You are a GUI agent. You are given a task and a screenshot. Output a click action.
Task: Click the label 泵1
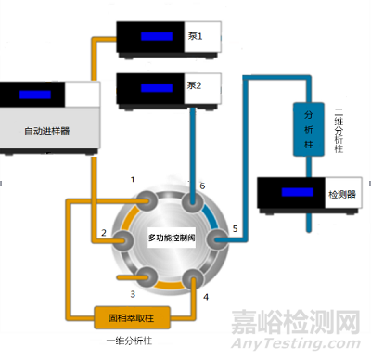point(195,37)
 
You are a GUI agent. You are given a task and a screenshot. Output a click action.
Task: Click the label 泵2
point(195,86)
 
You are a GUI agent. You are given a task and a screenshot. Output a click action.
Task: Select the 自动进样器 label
point(47,129)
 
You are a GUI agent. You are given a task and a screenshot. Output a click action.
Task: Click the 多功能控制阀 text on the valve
point(173,238)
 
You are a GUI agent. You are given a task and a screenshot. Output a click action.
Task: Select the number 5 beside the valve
point(235,228)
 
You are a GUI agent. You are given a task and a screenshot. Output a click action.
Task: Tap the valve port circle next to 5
point(216,239)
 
